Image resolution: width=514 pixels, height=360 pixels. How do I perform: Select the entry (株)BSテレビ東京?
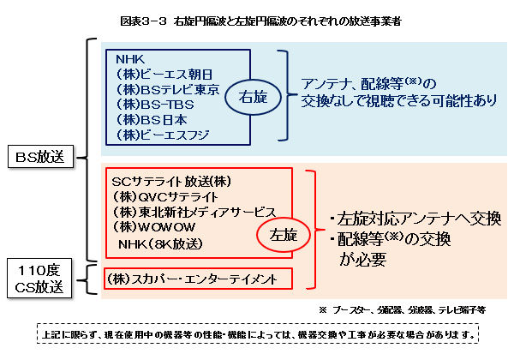click(168, 89)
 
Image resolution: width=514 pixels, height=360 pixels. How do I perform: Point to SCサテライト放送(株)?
click(171, 182)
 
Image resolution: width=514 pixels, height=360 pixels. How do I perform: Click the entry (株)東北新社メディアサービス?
click(192, 213)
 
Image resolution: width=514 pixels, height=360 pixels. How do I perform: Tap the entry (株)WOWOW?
click(153, 228)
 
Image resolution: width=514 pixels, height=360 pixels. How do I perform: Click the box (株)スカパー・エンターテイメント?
click(197, 279)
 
